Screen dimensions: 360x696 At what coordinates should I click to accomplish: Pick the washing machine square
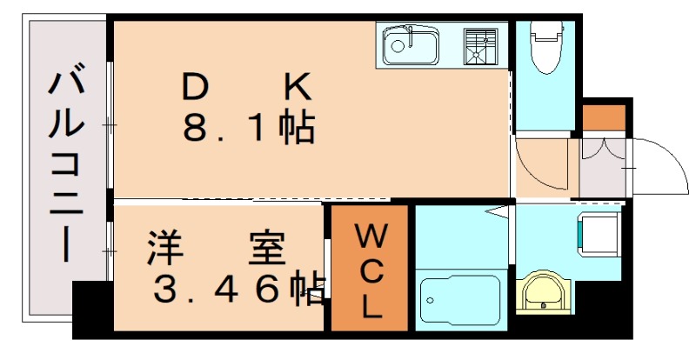pyautogui.click(x=592, y=233)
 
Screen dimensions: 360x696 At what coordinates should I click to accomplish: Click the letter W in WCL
pyautogui.click(x=369, y=235)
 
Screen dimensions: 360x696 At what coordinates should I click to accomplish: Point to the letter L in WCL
pyautogui.click(x=369, y=305)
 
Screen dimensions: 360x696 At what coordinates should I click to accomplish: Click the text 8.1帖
pyautogui.click(x=248, y=128)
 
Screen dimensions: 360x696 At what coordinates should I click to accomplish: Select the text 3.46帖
pyautogui.click(x=238, y=290)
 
